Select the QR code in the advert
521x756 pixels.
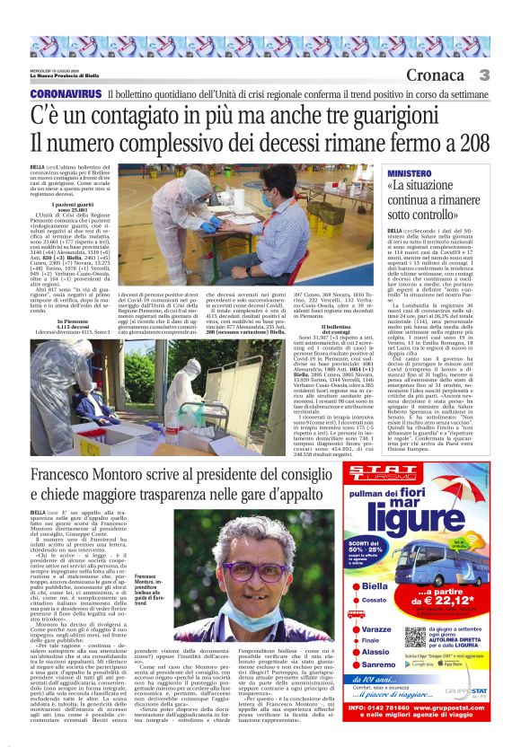(414, 637)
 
